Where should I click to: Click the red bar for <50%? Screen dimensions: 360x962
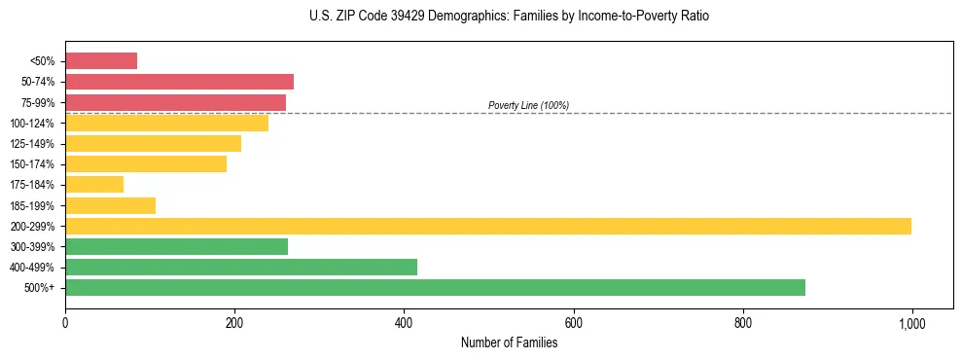[101, 61]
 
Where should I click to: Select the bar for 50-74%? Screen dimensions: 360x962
[179, 82]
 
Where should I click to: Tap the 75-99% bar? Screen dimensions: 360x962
[175, 102]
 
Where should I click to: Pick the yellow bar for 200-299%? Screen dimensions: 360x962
[488, 226]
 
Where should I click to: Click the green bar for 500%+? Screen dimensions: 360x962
[435, 287]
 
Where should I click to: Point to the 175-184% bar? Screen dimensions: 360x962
[94, 184]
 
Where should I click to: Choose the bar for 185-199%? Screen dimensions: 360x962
[110, 205]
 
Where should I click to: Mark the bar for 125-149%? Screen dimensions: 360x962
[153, 143]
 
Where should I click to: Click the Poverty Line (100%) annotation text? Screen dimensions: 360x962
[528, 105]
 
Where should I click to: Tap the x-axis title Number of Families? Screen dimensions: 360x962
[509, 342]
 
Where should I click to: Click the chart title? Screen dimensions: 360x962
[510, 17]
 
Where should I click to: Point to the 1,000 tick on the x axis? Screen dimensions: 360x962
[911, 323]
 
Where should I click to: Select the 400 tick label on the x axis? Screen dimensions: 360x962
[404, 323]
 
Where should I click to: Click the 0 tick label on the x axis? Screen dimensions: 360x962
[65, 323]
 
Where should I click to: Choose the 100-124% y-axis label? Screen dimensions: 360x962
[32, 124]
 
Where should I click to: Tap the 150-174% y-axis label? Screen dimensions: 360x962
[32, 164]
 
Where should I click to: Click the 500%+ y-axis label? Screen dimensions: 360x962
[39, 288]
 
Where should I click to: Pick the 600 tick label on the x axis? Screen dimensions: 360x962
[573, 323]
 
